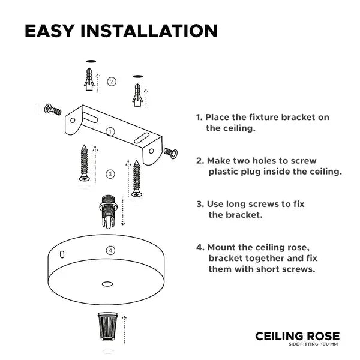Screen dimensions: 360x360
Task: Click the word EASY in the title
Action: tap(50, 31)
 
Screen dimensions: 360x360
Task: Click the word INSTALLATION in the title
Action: tap(149, 31)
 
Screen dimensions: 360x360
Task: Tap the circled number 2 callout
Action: tap(112, 82)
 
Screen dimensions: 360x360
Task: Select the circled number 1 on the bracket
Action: tap(110, 132)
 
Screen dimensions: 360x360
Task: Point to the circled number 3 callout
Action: tap(110, 174)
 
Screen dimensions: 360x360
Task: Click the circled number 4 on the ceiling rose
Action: tap(110, 250)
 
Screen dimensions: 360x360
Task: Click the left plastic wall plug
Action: tap(89, 79)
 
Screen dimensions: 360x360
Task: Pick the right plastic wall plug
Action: tap(137, 95)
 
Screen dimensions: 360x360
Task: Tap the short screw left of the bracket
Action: tap(53, 110)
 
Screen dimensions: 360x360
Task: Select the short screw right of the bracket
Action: tap(171, 152)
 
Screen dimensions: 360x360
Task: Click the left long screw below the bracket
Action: tap(84, 163)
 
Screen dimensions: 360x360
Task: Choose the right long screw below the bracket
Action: tap(137, 179)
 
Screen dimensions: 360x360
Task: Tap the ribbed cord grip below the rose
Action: tap(107, 326)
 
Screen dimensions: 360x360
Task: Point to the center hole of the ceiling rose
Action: tap(107, 284)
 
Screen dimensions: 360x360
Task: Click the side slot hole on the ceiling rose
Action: tap(62, 254)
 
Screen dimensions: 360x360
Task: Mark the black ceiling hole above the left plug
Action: tap(91, 61)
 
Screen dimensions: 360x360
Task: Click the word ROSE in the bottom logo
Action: tap(323, 337)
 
